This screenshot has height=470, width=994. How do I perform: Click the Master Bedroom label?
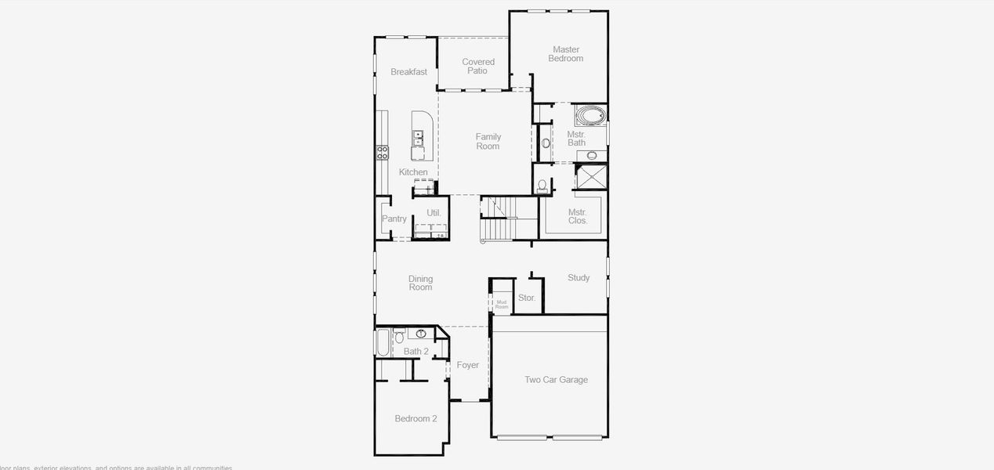coord(565,54)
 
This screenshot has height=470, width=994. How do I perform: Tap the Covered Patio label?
coord(477,67)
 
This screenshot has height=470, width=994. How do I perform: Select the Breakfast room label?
coord(409,72)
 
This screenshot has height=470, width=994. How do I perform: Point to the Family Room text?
coord(488,142)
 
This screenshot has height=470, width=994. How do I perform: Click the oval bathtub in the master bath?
coord(590,117)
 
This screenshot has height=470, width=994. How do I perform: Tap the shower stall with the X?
coord(591,176)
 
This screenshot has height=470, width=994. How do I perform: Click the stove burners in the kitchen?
coord(383,153)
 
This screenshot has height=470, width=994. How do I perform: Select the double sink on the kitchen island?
coord(419,139)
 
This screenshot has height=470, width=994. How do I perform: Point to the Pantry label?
coord(394,219)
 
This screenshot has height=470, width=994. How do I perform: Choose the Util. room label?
coord(434,213)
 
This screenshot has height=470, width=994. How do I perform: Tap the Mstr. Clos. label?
coord(578,216)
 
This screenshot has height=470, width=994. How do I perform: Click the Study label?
coord(579,278)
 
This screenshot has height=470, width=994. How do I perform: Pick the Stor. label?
coord(527,298)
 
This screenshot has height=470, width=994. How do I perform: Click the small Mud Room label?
coord(502,304)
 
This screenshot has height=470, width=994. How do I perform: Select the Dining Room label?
coord(420,283)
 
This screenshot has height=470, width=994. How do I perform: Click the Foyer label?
coord(468,365)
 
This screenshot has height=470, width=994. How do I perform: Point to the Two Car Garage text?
coord(556,380)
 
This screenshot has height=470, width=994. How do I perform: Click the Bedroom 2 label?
coord(415,419)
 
